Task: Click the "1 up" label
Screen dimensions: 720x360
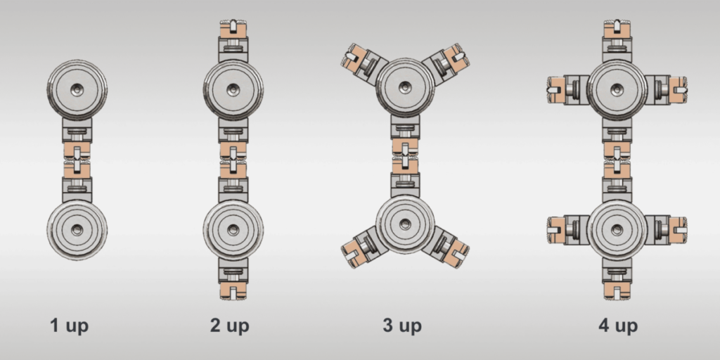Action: coord(70,326)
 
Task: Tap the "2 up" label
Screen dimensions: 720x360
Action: coord(230,326)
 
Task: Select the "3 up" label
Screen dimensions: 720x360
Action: coord(402,326)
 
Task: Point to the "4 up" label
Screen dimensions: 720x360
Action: coord(618,326)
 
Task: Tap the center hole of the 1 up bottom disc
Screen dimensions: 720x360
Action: coord(77,230)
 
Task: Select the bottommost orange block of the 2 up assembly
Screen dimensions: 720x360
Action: coord(233,290)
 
